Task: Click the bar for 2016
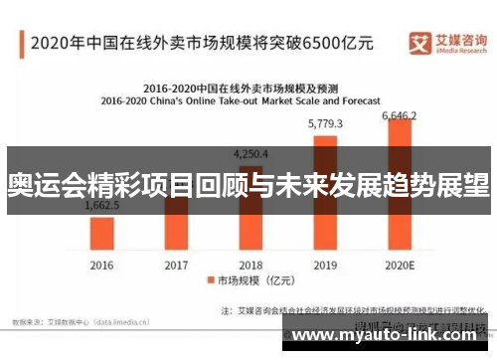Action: point(102,233)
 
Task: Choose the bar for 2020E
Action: point(400,189)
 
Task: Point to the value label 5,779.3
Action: point(325,124)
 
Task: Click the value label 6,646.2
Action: point(400,116)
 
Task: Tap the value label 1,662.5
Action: point(102,206)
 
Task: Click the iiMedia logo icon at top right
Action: point(420,42)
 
